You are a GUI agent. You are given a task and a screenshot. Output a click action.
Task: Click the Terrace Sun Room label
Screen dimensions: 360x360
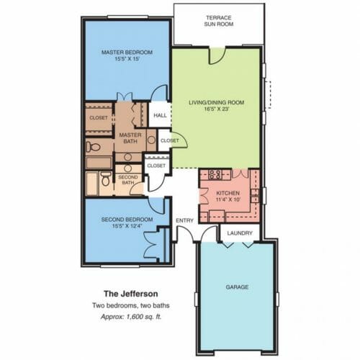(219, 21)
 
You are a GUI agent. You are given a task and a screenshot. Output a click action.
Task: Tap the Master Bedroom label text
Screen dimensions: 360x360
(127, 52)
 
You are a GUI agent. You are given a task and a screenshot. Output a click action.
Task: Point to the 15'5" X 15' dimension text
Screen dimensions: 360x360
(127, 59)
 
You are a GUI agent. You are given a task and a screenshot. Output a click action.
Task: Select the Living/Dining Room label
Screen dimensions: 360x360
(217, 102)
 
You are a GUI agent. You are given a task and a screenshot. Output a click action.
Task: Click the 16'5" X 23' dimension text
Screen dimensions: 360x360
(217, 109)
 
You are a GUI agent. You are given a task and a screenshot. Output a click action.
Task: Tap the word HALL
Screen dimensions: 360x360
(160, 115)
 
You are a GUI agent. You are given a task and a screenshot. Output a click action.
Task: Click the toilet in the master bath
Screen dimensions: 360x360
(93, 146)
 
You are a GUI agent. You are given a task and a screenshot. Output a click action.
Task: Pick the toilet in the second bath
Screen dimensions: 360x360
(106, 179)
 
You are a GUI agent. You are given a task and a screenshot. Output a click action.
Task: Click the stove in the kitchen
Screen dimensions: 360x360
(215, 174)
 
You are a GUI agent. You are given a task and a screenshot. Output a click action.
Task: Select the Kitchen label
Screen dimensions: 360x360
(228, 193)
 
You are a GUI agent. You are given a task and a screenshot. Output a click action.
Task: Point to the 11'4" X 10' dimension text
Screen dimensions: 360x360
(228, 199)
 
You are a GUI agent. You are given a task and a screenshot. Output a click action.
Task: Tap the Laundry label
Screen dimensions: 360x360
(240, 233)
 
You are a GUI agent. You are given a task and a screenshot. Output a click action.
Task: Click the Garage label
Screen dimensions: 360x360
(237, 287)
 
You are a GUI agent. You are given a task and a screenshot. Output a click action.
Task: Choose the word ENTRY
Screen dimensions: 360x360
(184, 220)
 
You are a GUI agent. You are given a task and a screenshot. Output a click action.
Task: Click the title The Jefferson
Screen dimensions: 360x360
(131, 294)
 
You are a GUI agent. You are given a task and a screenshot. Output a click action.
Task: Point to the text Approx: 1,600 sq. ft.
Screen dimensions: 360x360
(131, 317)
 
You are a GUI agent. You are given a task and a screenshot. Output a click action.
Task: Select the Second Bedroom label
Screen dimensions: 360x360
(127, 220)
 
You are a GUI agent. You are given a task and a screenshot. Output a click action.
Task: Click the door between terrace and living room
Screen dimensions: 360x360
(217, 56)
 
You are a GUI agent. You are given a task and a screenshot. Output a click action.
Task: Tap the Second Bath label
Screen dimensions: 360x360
(128, 180)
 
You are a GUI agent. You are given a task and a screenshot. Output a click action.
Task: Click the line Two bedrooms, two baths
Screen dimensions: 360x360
(131, 305)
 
